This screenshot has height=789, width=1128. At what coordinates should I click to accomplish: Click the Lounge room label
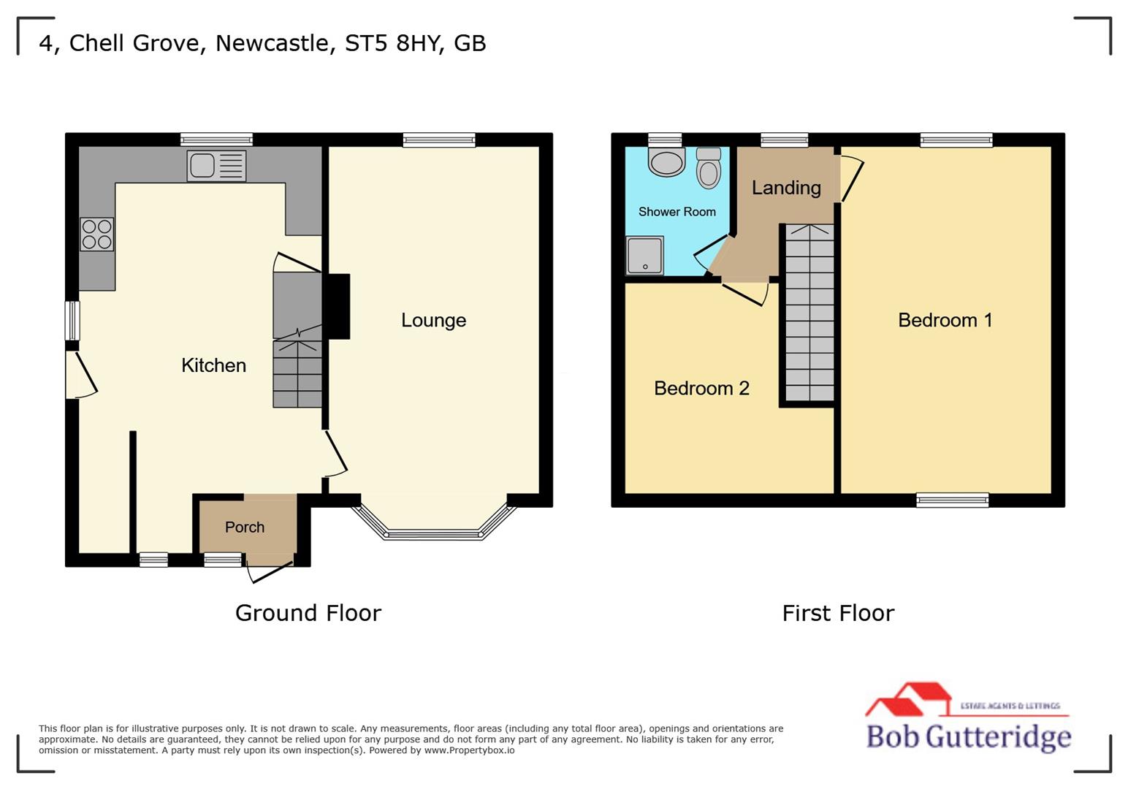(x=433, y=320)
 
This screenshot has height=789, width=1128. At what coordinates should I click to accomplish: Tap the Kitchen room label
(x=213, y=365)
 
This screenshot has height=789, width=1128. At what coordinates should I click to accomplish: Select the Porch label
(x=245, y=527)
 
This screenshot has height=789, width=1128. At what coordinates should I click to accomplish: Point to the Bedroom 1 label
(x=945, y=320)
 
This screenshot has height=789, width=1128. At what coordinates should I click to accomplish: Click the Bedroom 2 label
(x=701, y=388)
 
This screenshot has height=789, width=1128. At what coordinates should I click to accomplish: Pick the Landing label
(x=786, y=188)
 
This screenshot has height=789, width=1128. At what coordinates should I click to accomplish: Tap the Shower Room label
(x=677, y=212)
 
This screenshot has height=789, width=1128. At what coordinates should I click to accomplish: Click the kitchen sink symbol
(x=216, y=166)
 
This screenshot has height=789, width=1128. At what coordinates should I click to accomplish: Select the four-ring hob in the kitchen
(x=96, y=234)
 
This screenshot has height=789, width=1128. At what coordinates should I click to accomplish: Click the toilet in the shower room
(x=708, y=169)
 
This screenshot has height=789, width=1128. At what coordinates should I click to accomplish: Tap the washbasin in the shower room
(x=666, y=162)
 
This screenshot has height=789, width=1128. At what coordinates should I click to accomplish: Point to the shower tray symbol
(x=644, y=255)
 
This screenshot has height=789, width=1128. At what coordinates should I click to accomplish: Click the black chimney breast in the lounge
(x=337, y=306)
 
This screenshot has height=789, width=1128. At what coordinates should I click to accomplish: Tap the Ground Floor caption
(x=308, y=612)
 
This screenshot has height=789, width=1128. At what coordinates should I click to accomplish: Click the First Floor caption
(x=838, y=612)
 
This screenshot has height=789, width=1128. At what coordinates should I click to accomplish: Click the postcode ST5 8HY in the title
(x=393, y=43)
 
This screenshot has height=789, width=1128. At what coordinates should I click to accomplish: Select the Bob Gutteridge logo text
(x=968, y=736)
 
